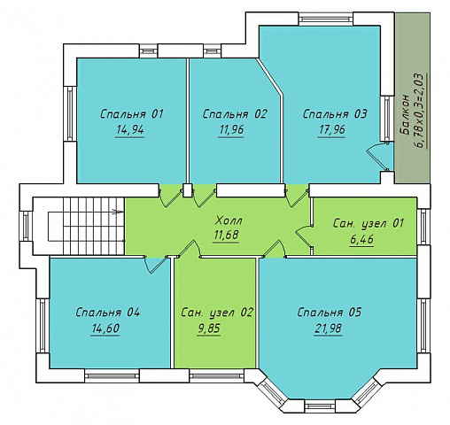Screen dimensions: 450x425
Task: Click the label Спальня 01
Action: [132, 114]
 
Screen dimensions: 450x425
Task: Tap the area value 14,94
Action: [130, 129]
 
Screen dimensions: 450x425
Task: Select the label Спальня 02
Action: [235, 114]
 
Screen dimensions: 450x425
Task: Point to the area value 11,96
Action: [231, 129]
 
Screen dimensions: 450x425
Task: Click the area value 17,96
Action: [331, 129]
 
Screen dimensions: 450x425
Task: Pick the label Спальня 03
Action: [335, 114]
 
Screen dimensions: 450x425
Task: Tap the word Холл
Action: [229, 220]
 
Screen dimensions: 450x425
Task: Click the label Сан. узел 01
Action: [368, 223]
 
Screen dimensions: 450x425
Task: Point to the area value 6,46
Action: [361, 239]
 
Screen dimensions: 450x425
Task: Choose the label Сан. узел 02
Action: [217, 313]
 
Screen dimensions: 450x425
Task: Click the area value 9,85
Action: [209, 328]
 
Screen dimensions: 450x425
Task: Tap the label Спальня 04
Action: [107, 313]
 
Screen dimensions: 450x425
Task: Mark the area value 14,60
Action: [105, 328]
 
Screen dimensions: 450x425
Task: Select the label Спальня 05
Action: [329, 313]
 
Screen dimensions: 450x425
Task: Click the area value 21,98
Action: [328, 328]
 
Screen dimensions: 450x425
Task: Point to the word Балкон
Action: [405, 115]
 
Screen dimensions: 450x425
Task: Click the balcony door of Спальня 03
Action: [378, 157]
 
